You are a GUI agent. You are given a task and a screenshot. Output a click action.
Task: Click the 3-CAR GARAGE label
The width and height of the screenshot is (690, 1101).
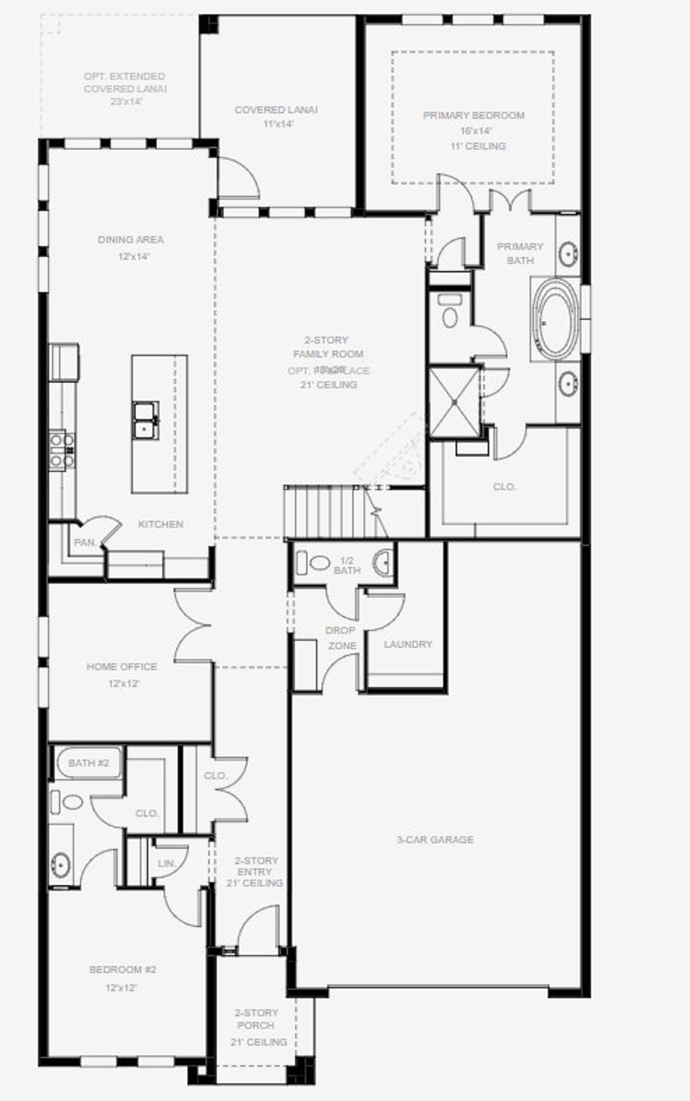pyautogui.click(x=435, y=839)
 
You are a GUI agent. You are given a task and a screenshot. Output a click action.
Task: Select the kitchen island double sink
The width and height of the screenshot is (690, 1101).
pyautogui.click(x=146, y=421)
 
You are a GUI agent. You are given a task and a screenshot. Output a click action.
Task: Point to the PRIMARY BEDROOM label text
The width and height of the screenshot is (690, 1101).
pyautogui.click(x=473, y=115)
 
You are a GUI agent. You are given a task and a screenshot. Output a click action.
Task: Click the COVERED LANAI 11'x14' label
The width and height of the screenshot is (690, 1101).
pyautogui.click(x=276, y=116)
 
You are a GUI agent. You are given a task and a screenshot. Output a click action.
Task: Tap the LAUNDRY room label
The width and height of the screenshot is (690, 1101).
pyautogui.click(x=408, y=644)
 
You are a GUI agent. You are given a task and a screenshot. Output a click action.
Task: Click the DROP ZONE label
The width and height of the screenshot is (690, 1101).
pyautogui.click(x=341, y=638)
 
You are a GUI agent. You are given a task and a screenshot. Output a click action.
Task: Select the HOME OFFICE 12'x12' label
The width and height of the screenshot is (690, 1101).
pyautogui.click(x=122, y=674)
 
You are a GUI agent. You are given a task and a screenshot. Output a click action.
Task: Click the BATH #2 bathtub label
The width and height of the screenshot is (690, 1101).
pyautogui.click(x=88, y=763)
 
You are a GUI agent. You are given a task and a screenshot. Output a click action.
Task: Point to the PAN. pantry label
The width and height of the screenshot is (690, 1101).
pyautogui.click(x=85, y=542)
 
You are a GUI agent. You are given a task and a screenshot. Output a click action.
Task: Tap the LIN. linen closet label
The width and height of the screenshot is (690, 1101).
pyautogui.click(x=167, y=863)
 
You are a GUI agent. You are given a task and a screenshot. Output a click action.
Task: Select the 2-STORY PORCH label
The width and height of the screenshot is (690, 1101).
pyautogui.click(x=257, y=1019)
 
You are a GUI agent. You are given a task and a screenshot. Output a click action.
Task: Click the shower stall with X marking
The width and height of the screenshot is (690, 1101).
pyautogui.click(x=454, y=402)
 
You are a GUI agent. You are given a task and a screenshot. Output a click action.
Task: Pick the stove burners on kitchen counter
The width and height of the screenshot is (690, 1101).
pyautogui.click(x=61, y=450)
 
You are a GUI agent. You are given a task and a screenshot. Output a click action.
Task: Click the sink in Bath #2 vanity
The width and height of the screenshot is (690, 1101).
pyautogui.click(x=60, y=865)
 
